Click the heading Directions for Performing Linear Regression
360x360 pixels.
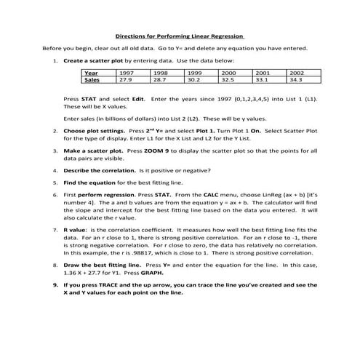[x=180, y=36]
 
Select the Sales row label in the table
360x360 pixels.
[x=92, y=81]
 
